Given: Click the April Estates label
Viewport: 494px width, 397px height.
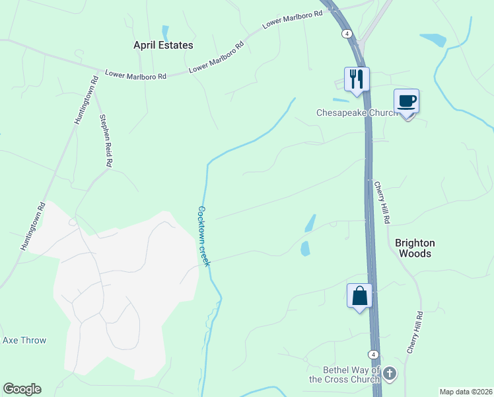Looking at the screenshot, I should point(163,45).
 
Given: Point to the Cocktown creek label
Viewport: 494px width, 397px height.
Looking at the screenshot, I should point(203,236).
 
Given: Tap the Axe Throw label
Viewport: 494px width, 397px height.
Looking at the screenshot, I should point(24,340).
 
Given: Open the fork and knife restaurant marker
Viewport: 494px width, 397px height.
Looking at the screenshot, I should point(357,79).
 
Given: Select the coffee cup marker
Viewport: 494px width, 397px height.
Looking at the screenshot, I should point(407,101).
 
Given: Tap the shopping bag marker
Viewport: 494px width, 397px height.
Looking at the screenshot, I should point(360,295).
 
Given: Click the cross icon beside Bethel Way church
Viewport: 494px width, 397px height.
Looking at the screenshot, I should point(390,375).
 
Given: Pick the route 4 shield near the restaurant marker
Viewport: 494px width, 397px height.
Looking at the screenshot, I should point(346,33).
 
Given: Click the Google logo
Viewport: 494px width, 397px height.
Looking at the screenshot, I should point(22,389).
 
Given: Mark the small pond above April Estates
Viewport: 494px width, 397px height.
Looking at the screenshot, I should point(165,32).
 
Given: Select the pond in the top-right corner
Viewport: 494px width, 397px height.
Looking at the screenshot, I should point(434,40).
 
